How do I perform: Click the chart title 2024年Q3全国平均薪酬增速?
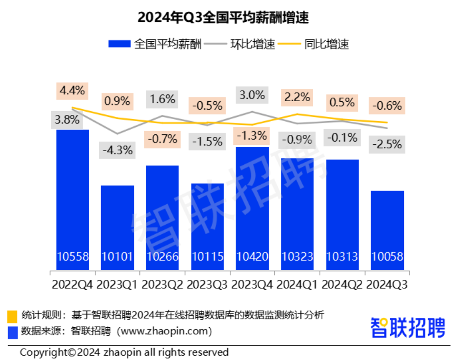tap(229, 17)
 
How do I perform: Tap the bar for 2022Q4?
tap(72, 200)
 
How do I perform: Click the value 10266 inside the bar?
tap(162, 257)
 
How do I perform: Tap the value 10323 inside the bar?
tap(297, 257)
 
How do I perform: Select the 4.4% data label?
tap(72, 91)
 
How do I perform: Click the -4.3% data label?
tap(117, 150)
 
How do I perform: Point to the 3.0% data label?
tap(252, 94)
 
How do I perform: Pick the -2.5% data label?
tap(387, 144)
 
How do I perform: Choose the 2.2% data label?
tap(297, 97)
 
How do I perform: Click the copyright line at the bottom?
tap(125, 352)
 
